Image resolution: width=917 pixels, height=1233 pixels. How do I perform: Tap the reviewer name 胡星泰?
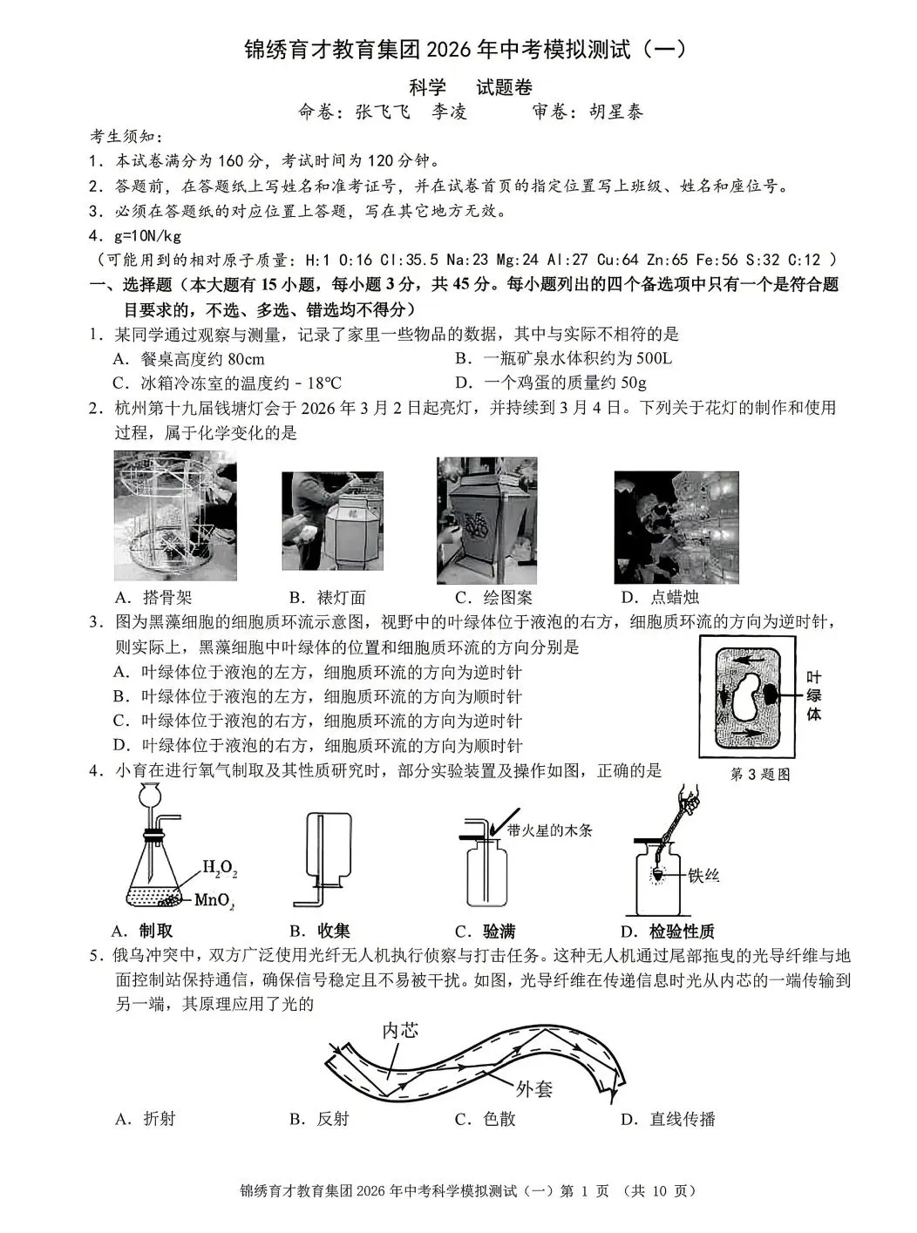[615, 112]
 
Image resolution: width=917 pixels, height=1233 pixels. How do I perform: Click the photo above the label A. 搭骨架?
[174, 515]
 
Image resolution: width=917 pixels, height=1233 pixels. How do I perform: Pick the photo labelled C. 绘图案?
[487, 519]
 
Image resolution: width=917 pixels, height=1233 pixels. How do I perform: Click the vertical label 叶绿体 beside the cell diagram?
[813, 695]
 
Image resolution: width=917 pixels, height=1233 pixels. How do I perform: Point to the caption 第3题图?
[759, 774]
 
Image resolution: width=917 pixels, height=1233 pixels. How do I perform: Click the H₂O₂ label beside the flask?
[220, 868]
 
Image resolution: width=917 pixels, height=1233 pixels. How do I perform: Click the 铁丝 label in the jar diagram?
[703, 875]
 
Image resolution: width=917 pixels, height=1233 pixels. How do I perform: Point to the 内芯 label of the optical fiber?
[400, 1030]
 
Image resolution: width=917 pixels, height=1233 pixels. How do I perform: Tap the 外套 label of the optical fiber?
[533, 1088]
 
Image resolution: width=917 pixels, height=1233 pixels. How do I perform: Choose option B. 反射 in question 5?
[319, 1119]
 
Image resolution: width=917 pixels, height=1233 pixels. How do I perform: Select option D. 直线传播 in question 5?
[668, 1119]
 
